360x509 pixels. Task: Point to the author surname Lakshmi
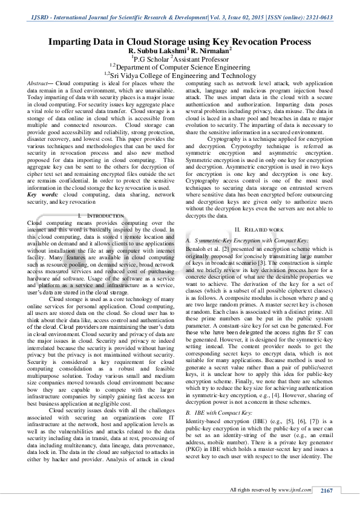(169, 52)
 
